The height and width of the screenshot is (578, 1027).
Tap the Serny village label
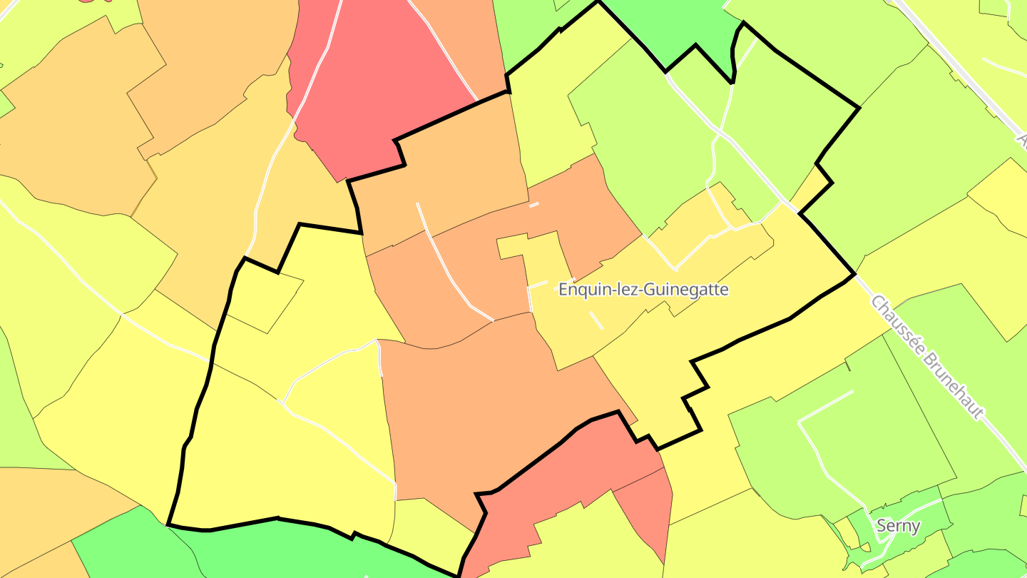[898, 527]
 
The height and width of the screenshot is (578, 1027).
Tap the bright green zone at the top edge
[670, 29]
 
